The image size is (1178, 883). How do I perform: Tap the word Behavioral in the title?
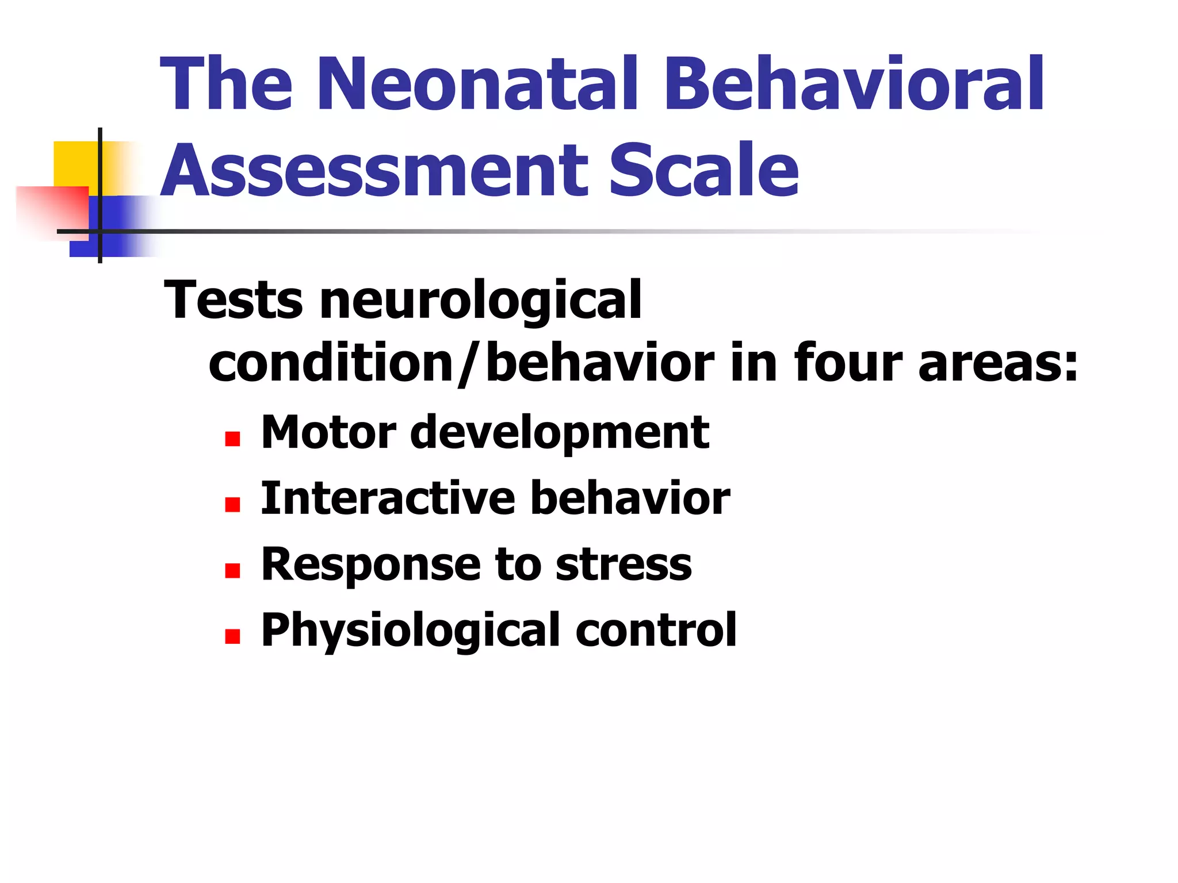coord(854,84)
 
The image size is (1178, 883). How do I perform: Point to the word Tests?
coord(233,300)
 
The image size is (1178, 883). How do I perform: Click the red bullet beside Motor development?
coord(232,439)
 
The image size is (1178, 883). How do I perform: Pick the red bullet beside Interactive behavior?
coord(232,505)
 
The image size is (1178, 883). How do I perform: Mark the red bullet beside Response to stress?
coord(232,570)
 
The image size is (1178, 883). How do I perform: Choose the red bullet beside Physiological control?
coord(232,636)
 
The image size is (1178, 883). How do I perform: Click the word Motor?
coord(328,432)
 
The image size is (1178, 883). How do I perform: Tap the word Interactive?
coord(388,498)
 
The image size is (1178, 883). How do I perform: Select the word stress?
coord(624,565)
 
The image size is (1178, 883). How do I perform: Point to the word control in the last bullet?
coord(656,630)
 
